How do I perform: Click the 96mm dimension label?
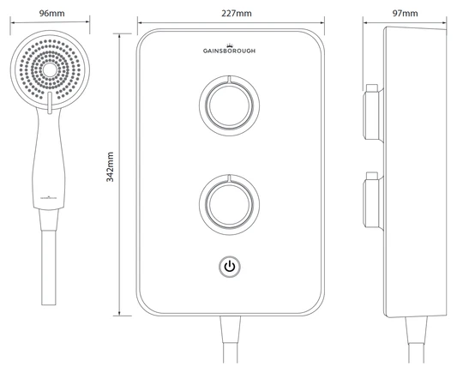pos(47,13)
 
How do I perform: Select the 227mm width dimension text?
pos(229,13)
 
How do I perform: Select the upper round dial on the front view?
pos(229,105)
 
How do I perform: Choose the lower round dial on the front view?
pos(229,203)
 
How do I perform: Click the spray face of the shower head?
pos(48,69)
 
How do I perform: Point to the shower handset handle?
pos(49,163)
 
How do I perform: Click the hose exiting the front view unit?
pos(229,343)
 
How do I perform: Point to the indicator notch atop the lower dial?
pos(229,178)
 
